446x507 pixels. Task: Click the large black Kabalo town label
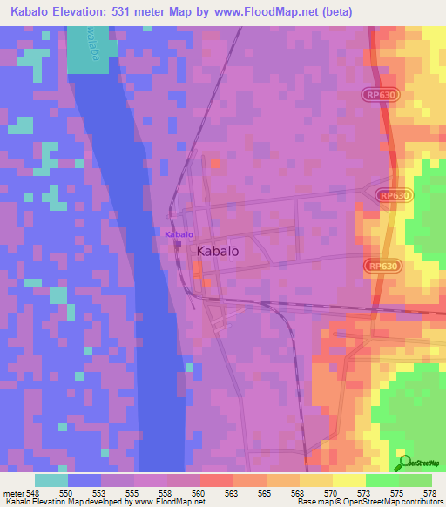point(219,250)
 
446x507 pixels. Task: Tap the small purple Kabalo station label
point(179,234)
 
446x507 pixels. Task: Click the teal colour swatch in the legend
point(51,479)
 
